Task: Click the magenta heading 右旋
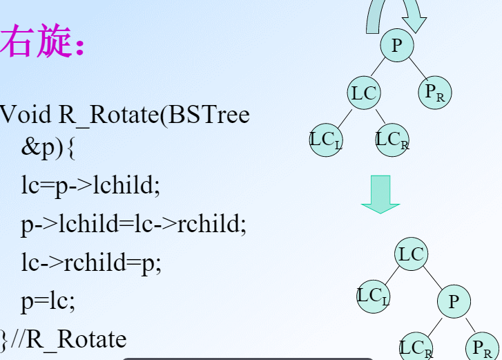[x=35, y=41]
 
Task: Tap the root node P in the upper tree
[x=397, y=45]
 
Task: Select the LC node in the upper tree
[x=364, y=93]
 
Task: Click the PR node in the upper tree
[x=435, y=93]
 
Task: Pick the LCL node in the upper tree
[x=326, y=140]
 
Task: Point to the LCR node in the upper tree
[x=392, y=140]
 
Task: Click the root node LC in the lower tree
[x=412, y=254]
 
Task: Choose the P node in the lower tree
[x=454, y=301]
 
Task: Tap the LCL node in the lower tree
[x=374, y=296]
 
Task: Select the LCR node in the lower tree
[x=416, y=347]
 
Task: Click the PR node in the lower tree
[x=482, y=347]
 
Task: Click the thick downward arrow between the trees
[x=380, y=193]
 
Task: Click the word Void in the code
[x=26, y=114]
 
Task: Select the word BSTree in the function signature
[x=209, y=114]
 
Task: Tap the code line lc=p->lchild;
[x=90, y=185]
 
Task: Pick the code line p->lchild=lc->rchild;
[x=133, y=224]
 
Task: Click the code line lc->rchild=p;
[x=91, y=263]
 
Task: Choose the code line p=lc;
[x=48, y=301]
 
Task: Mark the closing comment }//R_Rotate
[x=64, y=339]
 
